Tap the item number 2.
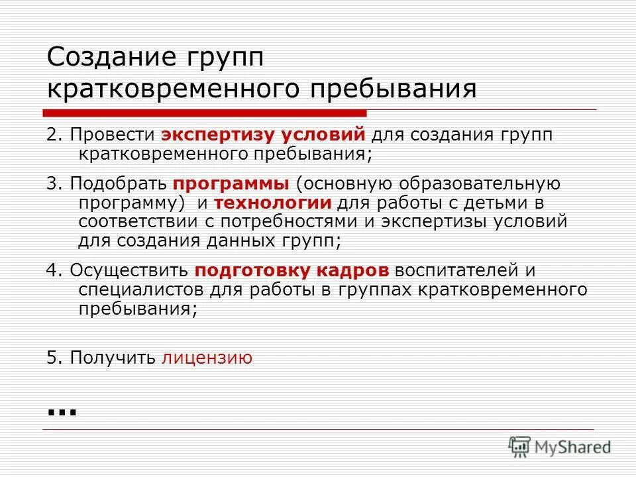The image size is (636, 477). click(52, 135)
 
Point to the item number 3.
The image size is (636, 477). click(52, 184)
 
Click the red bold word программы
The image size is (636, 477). click(231, 184)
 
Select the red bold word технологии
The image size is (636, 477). click(272, 203)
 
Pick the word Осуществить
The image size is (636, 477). click(130, 271)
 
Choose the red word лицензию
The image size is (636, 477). click(207, 358)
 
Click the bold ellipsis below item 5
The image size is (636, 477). click(62, 410)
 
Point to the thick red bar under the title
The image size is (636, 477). click(205, 112)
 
